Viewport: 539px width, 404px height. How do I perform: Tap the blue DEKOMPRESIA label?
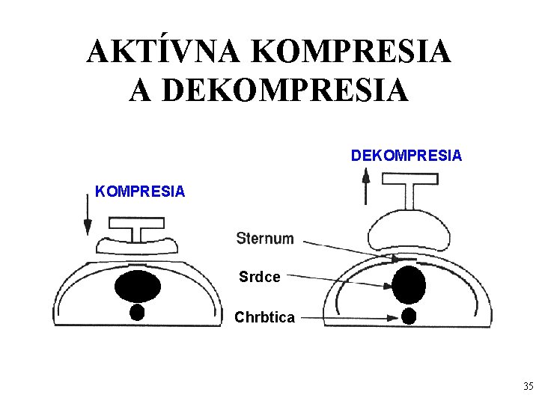click(x=406, y=156)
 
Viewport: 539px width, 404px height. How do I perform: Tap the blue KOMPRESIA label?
click(x=140, y=192)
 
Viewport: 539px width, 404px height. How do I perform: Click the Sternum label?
click(x=265, y=239)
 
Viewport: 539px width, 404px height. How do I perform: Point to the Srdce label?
click(x=260, y=277)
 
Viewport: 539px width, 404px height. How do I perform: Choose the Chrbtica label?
click(x=264, y=317)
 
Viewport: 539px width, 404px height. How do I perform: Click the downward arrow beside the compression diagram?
click(x=88, y=217)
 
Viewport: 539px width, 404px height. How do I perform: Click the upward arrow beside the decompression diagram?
click(x=366, y=186)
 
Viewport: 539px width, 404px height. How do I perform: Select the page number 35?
click(x=528, y=387)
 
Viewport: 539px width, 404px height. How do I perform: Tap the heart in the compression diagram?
click(x=138, y=285)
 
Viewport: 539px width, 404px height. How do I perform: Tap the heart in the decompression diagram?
click(x=409, y=284)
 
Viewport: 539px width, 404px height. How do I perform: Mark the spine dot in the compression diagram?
click(x=137, y=312)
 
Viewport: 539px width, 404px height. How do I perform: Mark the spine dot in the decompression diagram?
click(x=409, y=316)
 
